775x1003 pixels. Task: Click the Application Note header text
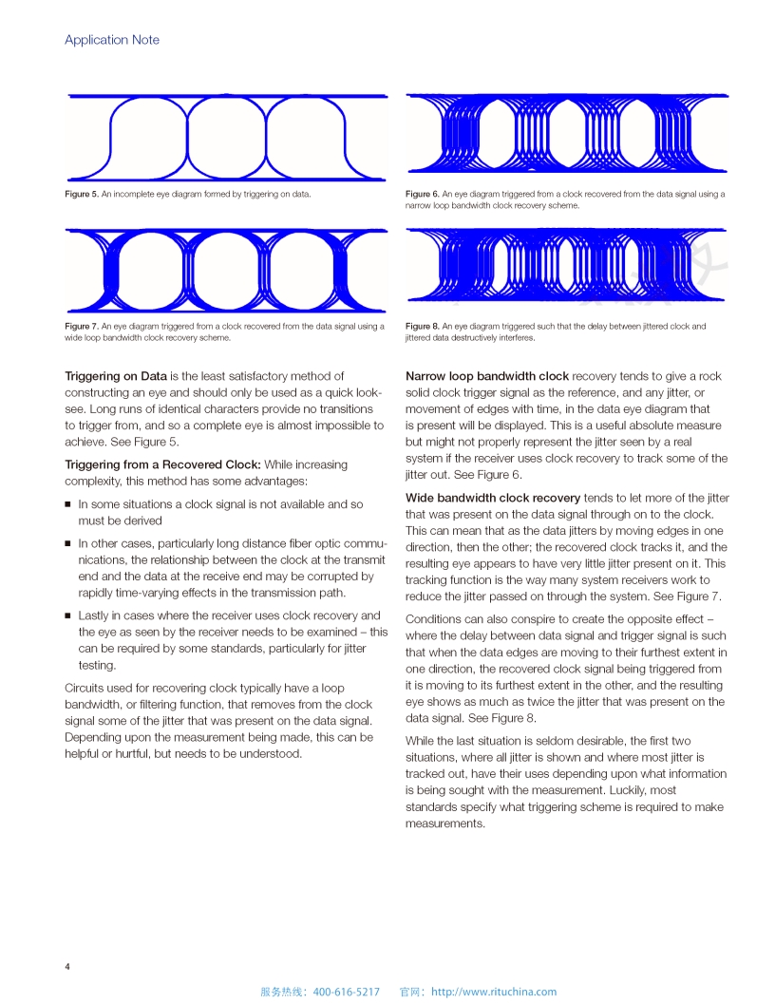pyautogui.click(x=112, y=40)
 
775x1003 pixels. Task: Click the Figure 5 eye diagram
pyautogui.click(x=226, y=137)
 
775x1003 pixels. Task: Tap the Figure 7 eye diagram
pyautogui.click(x=226, y=270)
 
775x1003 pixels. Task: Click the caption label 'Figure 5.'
pyautogui.click(x=82, y=194)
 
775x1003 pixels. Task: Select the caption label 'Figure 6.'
pyautogui.click(x=423, y=194)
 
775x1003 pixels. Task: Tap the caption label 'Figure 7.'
pyautogui.click(x=82, y=326)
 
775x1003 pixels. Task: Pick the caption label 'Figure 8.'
pyautogui.click(x=423, y=326)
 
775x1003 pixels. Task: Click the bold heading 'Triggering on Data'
pyautogui.click(x=116, y=376)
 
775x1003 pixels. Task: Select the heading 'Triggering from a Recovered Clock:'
pyautogui.click(x=162, y=464)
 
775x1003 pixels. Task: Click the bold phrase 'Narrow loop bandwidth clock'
pyautogui.click(x=487, y=376)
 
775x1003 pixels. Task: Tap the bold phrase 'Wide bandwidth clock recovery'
pyautogui.click(x=493, y=498)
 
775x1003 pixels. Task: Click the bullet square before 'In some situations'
pyautogui.click(x=68, y=505)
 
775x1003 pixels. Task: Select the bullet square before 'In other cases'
pyautogui.click(x=68, y=544)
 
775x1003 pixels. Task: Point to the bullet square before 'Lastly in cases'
pyautogui.click(x=68, y=616)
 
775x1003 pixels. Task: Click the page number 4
pyautogui.click(x=67, y=967)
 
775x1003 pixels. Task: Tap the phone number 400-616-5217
pyautogui.click(x=346, y=992)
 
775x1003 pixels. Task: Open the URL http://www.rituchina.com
pyautogui.click(x=494, y=992)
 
